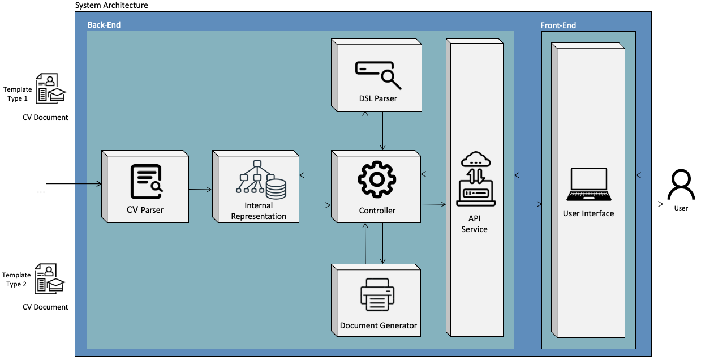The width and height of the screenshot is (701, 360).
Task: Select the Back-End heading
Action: pyautogui.click(x=104, y=25)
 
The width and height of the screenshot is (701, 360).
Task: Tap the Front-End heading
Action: pyautogui.click(x=558, y=25)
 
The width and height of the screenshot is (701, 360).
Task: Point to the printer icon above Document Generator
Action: pyautogui.click(x=377, y=295)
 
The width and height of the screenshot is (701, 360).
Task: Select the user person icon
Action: pyautogui.click(x=681, y=185)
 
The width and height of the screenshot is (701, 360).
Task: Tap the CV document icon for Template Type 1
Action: pyautogui.click(x=50, y=89)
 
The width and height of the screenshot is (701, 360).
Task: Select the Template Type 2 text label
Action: pyautogui.click(x=17, y=280)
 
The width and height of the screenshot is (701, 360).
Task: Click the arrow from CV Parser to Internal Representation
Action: pyautogui.click(x=200, y=190)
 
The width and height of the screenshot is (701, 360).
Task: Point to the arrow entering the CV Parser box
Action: pyautogui.click(x=74, y=183)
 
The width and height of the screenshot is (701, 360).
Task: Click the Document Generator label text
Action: pyautogui.click(x=378, y=325)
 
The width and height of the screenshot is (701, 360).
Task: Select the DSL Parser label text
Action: pyautogui.click(x=378, y=98)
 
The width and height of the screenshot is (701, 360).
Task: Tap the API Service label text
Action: pyautogui.click(x=474, y=224)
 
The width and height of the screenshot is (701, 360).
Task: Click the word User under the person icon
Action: pyautogui.click(x=681, y=208)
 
